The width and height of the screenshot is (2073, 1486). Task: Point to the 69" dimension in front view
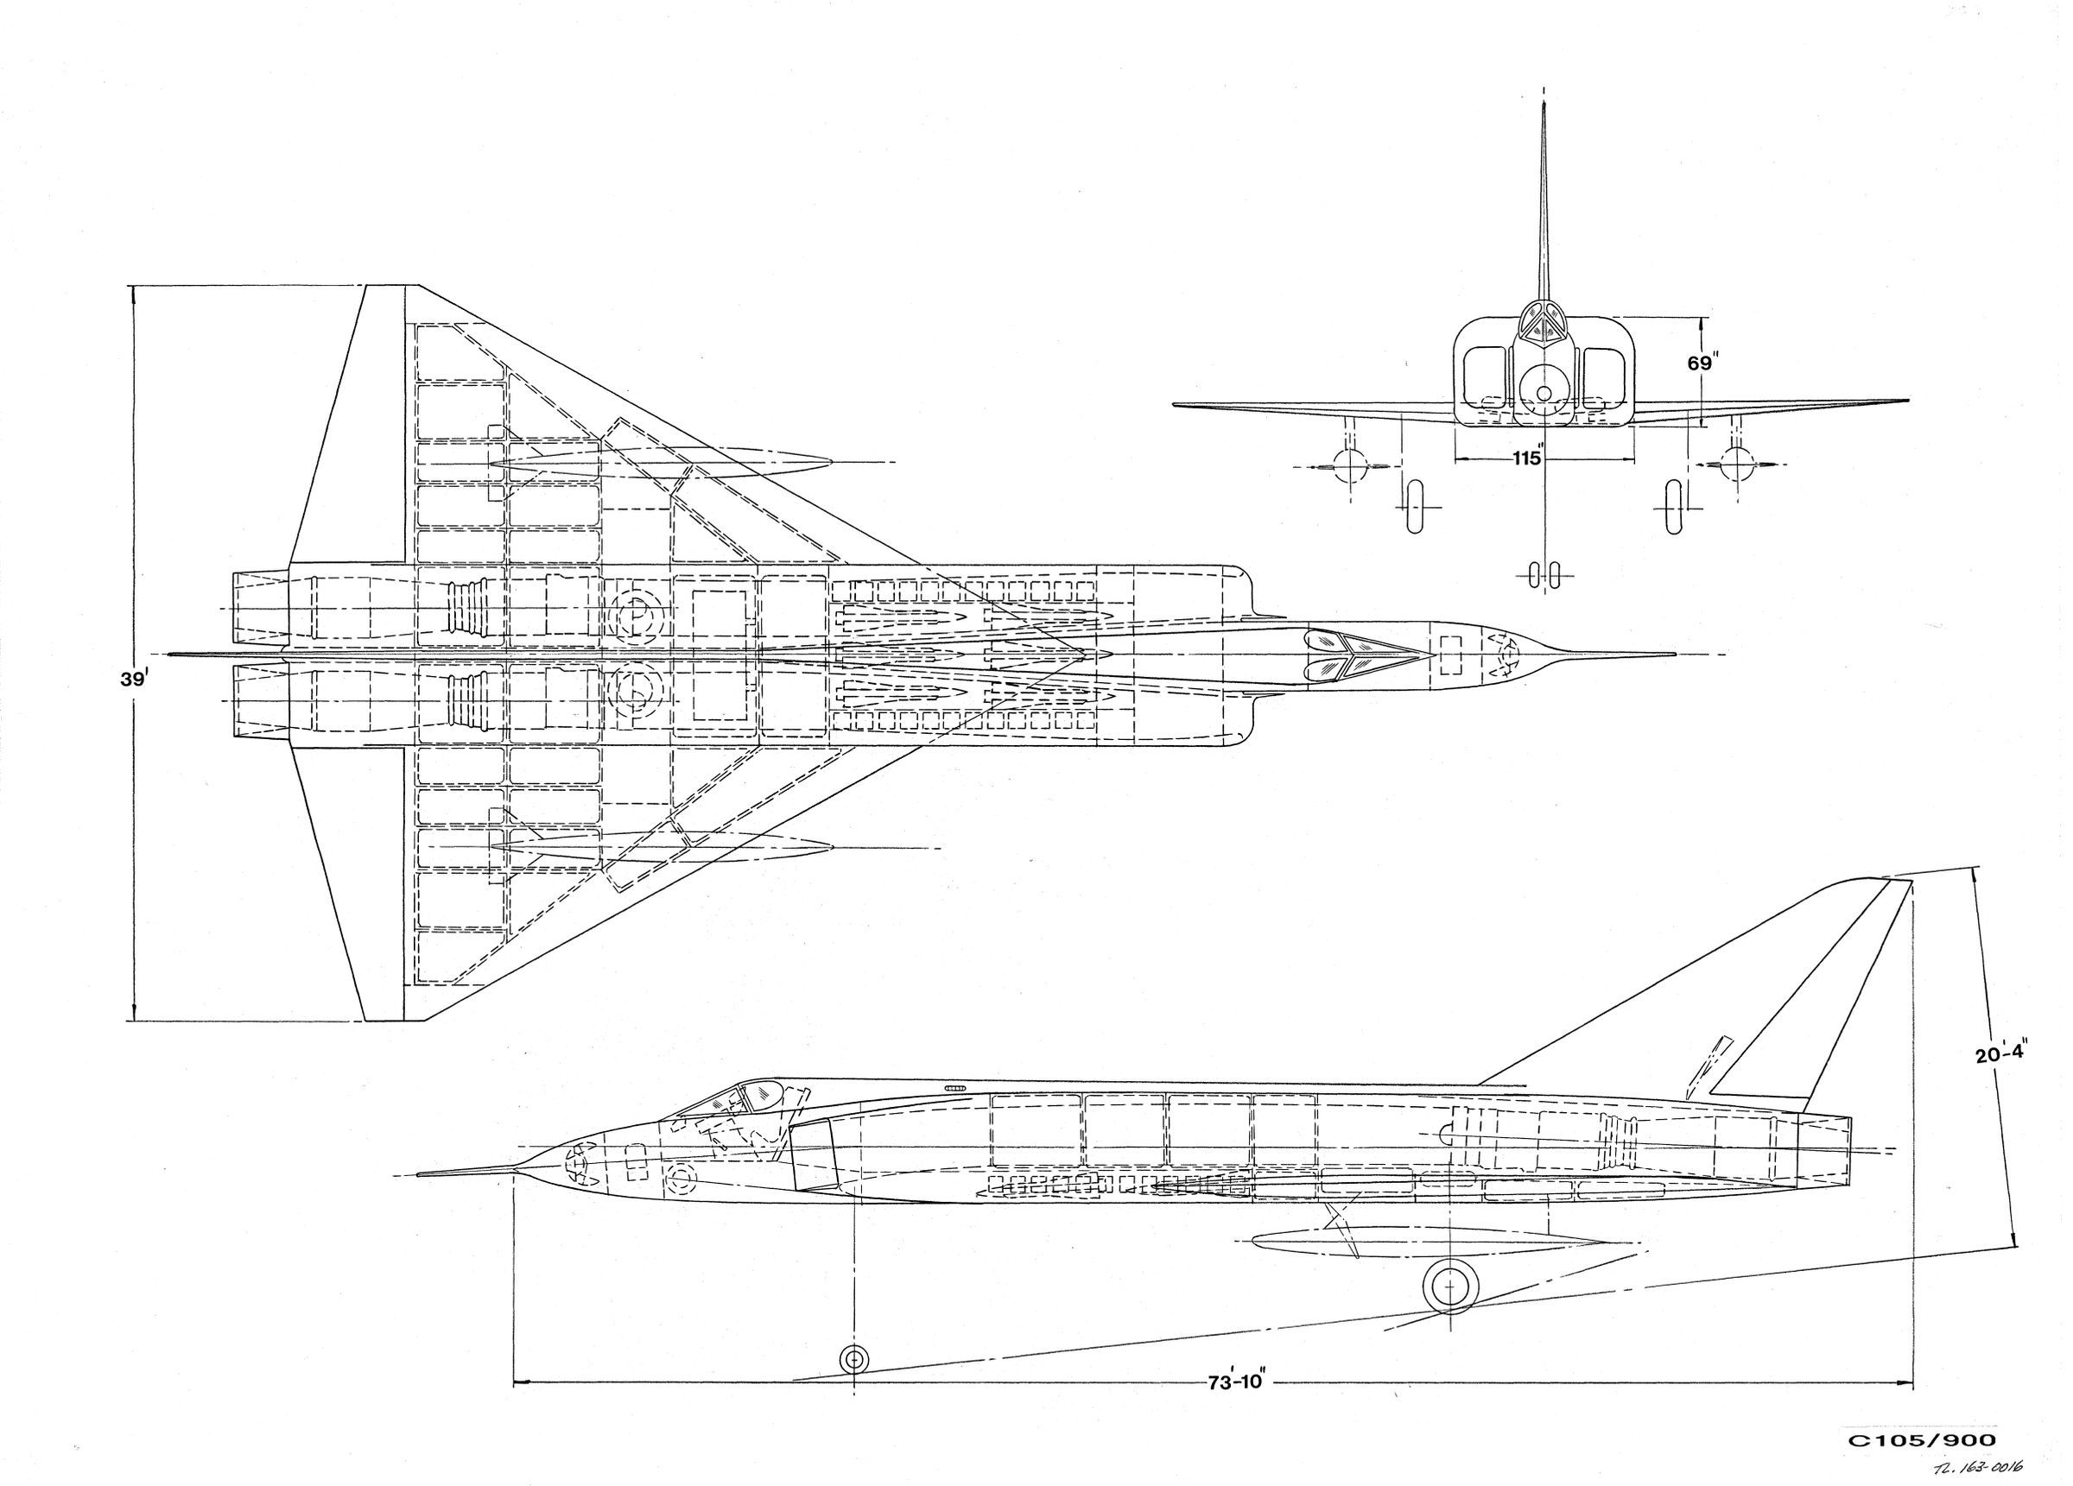click(x=1699, y=363)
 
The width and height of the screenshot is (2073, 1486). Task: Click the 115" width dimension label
click(x=1526, y=458)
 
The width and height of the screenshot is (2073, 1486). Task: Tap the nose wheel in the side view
click(x=853, y=1359)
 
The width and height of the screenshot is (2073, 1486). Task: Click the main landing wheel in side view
click(x=1449, y=1287)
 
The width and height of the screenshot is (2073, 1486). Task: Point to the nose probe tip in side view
click(x=421, y=1174)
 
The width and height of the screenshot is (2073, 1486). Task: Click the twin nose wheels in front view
click(x=1544, y=573)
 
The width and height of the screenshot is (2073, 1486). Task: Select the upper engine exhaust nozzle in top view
click(x=261, y=608)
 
